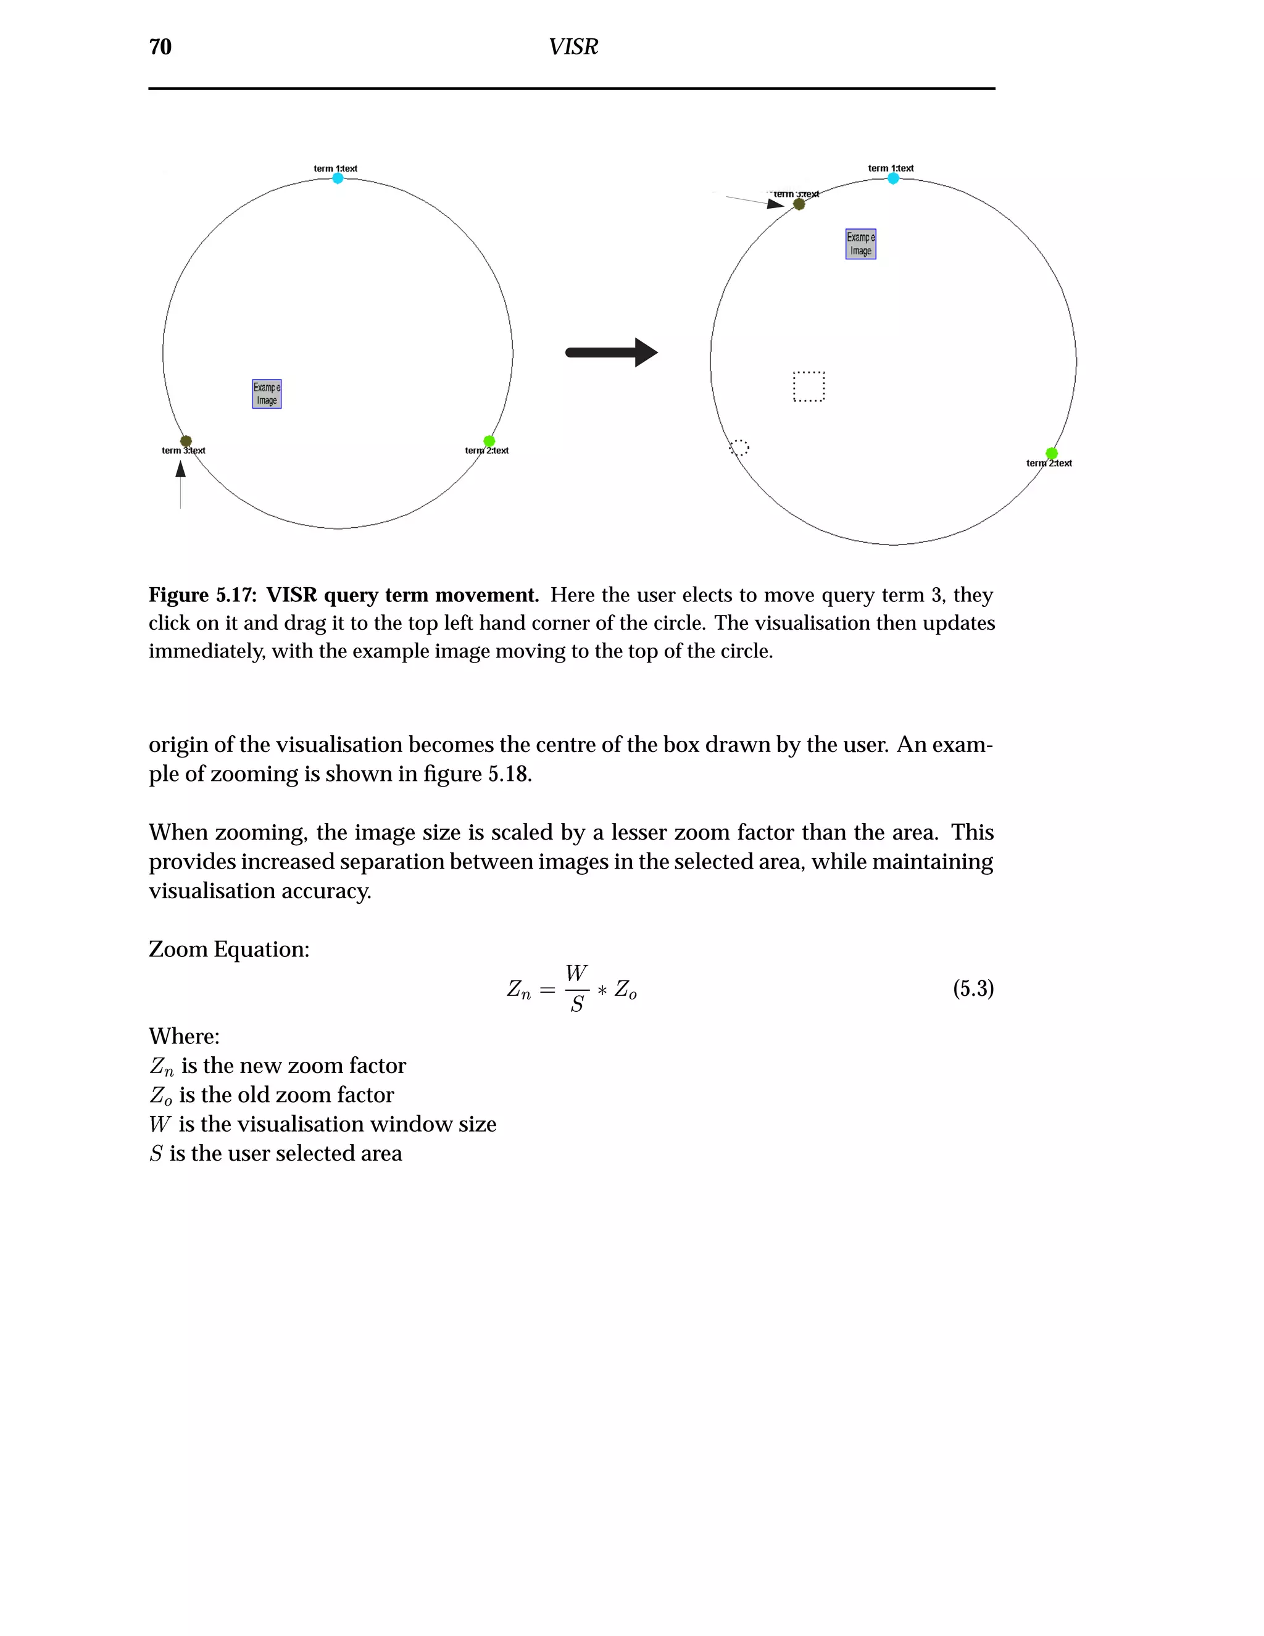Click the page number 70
(x=160, y=47)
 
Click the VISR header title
(x=573, y=47)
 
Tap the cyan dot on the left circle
(x=338, y=178)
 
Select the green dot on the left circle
(x=489, y=440)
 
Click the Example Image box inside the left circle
(x=267, y=394)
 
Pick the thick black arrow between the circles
(x=611, y=352)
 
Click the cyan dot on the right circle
(x=892, y=178)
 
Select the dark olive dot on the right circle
(x=799, y=204)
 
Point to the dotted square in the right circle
(x=809, y=386)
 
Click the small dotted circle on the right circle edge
(x=739, y=447)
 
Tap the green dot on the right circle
(x=1051, y=453)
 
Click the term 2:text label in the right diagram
(x=1049, y=464)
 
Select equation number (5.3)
(x=973, y=989)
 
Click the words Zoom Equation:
(x=228, y=949)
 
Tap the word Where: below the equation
(x=184, y=1036)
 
